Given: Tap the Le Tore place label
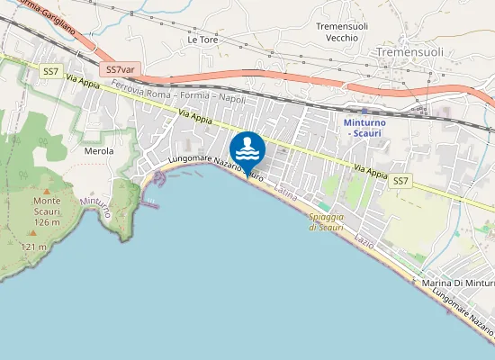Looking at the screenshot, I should (x=202, y=40).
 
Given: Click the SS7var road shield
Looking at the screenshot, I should (x=120, y=69).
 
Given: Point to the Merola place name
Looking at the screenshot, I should (x=98, y=151).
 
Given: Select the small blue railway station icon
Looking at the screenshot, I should (x=364, y=111).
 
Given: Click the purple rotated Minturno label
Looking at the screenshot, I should (x=95, y=208).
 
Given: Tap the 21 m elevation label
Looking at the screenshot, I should (x=34, y=247).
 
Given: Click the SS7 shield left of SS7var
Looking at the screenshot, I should (x=49, y=69).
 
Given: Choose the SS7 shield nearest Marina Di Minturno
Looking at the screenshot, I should (x=400, y=182).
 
